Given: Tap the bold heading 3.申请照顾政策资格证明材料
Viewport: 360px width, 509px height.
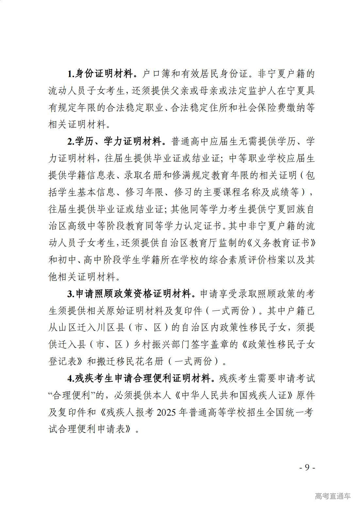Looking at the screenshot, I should click(131, 294).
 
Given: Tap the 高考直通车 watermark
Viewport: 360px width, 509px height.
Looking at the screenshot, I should click(333, 496).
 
